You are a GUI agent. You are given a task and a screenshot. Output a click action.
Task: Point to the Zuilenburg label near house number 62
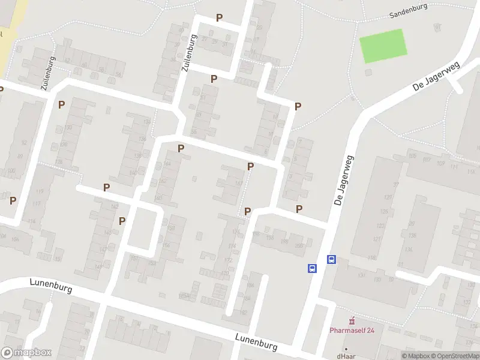[49, 73]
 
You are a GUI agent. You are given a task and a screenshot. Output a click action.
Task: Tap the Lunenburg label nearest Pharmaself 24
[256, 343]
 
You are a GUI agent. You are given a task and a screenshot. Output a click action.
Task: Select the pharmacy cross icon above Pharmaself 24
[352, 319]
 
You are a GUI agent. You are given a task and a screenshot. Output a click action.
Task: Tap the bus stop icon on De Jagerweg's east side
[331, 260]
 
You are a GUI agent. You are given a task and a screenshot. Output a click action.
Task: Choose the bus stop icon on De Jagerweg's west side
[313, 269]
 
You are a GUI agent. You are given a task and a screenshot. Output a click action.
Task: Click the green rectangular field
[383, 46]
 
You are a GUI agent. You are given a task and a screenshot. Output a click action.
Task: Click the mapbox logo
[26, 353]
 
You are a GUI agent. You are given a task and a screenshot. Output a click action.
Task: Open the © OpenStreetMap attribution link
[455, 356]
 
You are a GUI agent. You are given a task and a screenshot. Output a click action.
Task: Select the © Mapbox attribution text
[415, 356]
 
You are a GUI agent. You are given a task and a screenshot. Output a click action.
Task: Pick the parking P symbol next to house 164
[181, 148]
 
